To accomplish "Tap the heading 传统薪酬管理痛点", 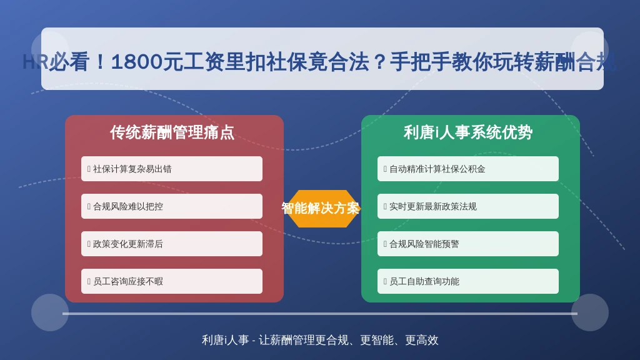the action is click(172, 132).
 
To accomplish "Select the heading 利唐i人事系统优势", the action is click(468, 132).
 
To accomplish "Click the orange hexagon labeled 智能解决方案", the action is click(321, 209).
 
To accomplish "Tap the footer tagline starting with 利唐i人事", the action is click(320, 340).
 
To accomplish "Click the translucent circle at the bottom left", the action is click(50, 312).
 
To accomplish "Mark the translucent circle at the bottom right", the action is click(590, 312).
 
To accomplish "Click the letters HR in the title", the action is click(36, 62).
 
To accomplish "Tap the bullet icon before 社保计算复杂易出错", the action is click(89, 169).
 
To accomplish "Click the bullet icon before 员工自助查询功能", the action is click(385, 281).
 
